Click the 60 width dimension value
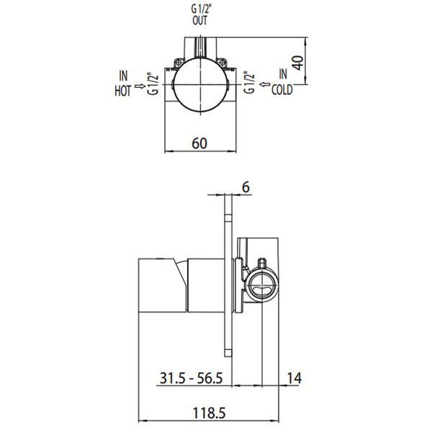click(199, 143)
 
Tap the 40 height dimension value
click(298, 63)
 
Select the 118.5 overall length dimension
click(209, 413)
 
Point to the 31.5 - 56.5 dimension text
click(191, 378)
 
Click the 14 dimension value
click(294, 378)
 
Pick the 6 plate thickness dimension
click(246, 187)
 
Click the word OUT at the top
click(199, 20)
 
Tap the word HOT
click(122, 91)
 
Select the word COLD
click(282, 90)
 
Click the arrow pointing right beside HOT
click(140, 86)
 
